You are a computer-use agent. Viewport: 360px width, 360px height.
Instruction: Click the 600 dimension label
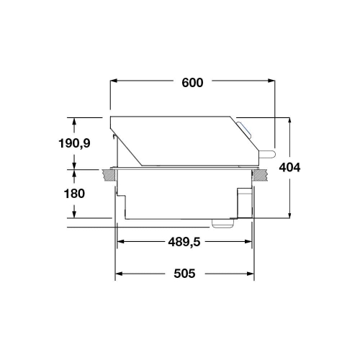(x=192, y=83)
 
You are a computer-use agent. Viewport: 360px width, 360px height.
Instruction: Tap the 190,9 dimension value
(x=74, y=143)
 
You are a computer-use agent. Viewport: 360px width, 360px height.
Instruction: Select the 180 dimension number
(x=74, y=194)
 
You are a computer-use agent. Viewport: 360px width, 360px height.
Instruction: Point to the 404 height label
(x=289, y=168)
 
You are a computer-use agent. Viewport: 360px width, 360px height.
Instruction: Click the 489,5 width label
(x=184, y=242)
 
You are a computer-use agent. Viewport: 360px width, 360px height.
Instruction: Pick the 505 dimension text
(x=184, y=274)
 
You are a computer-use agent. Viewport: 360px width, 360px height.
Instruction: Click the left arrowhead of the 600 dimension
(x=114, y=81)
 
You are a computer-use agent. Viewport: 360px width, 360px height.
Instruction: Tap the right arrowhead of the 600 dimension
(x=271, y=81)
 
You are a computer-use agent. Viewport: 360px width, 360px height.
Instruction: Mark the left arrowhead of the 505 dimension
(x=119, y=274)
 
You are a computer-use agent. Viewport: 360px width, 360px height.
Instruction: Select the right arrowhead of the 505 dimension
(x=251, y=274)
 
